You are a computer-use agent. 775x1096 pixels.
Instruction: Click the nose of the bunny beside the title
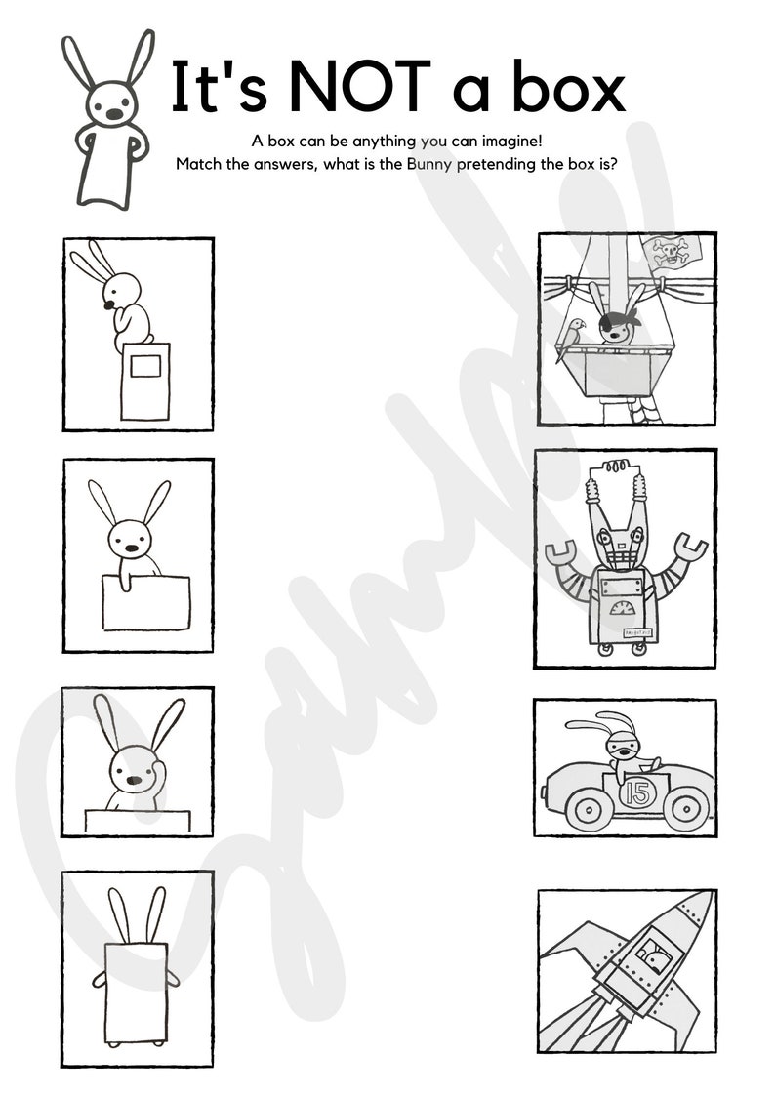click(x=114, y=114)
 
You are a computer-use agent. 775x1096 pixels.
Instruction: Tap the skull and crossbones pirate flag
click(x=671, y=255)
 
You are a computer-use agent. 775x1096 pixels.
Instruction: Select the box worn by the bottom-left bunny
click(x=135, y=991)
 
